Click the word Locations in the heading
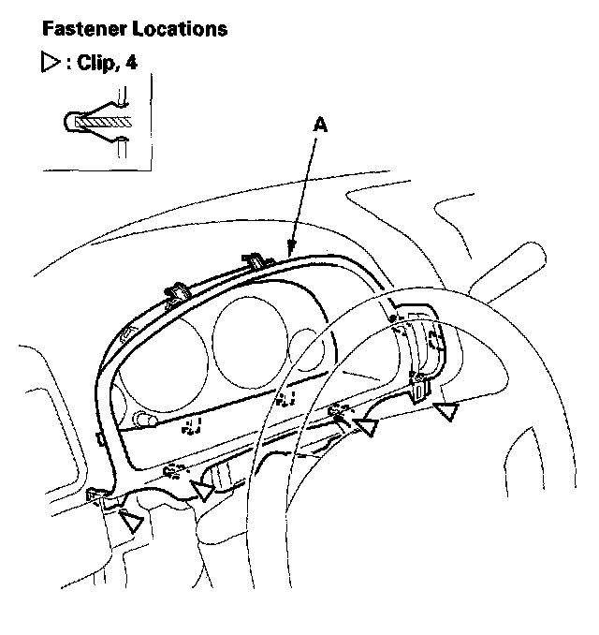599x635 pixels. [x=180, y=29]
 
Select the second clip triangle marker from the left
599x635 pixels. [x=201, y=489]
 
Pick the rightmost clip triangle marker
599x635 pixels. [x=448, y=411]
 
